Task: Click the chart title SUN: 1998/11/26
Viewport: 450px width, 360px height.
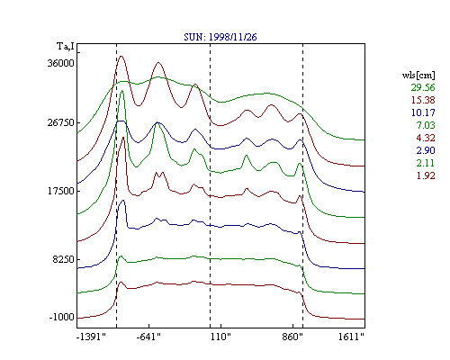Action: click(220, 37)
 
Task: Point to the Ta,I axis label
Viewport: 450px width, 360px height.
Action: click(66, 47)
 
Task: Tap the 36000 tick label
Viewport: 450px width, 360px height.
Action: click(60, 63)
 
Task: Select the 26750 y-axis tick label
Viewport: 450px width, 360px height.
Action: click(60, 122)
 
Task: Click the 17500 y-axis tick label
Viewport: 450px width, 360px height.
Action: click(60, 191)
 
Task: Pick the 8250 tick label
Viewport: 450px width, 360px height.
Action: click(63, 259)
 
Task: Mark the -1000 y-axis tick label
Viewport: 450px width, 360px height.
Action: click(61, 317)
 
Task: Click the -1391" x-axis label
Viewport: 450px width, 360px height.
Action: click(91, 337)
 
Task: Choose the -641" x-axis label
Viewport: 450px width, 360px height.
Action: click(148, 337)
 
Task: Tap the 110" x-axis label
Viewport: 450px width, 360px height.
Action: click(220, 337)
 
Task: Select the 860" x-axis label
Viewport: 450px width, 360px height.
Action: click(292, 337)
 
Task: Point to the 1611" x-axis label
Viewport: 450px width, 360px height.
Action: click(351, 337)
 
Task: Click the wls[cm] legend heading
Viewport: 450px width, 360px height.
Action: click(418, 76)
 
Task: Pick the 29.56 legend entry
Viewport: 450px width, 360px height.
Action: click(423, 87)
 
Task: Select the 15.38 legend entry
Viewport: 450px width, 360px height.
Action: click(423, 100)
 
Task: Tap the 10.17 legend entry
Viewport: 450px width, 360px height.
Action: click(423, 112)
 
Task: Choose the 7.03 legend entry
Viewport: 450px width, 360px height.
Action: click(426, 125)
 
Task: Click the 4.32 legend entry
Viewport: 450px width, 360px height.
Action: click(426, 138)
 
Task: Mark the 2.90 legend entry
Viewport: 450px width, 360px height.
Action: click(426, 150)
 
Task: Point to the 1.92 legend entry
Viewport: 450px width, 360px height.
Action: click(426, 175)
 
